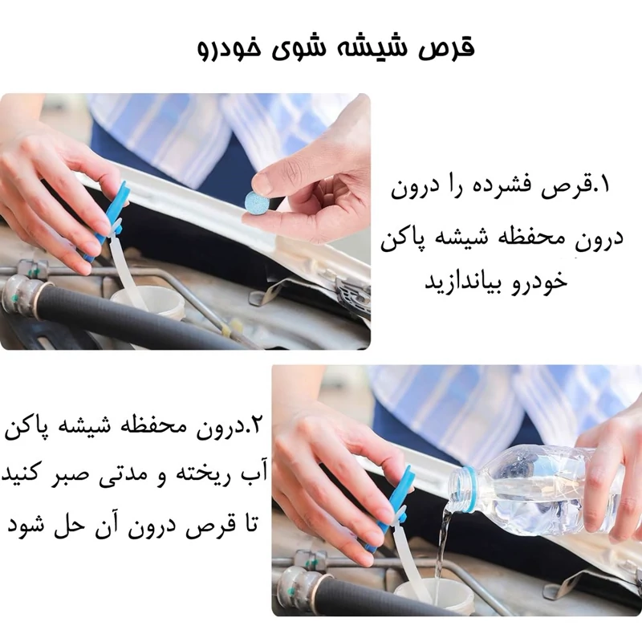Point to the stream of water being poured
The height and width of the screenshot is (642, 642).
click(x=443, y=553)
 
